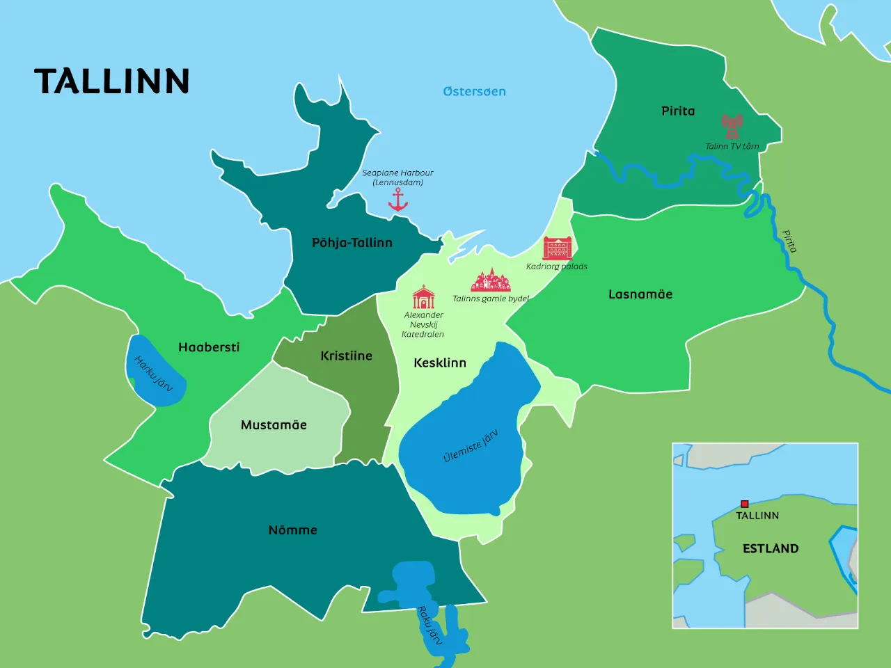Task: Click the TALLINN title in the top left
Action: (112, 81)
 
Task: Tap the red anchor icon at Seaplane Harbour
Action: (397, 200)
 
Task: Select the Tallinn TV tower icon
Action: (732, 127)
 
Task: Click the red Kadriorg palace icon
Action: (558, 248)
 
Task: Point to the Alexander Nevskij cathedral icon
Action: (423, 297)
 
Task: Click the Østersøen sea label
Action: (474, 91)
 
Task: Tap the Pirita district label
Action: (678, 111)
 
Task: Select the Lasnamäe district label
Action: (640, 294)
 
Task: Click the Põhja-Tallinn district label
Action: (352, 243)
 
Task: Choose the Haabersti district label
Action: (209, 347)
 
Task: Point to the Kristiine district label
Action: (346, 356)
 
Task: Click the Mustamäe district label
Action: (274, 425)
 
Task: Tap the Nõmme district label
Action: (292, 530)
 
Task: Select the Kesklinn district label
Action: (440, 363)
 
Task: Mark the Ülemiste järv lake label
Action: (471, 446)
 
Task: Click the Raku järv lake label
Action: (429, 625)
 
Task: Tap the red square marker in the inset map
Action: (744, 504)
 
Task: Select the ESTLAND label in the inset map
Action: (771, 548)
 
